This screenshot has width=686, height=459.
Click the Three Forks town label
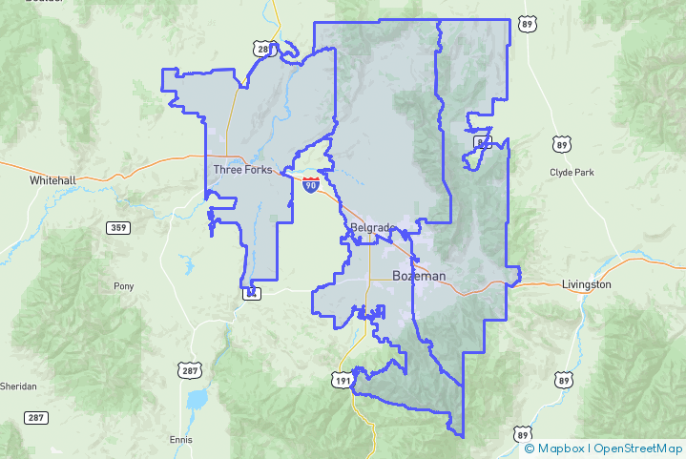coord(241,170)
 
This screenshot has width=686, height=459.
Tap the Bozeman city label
coord(419,276)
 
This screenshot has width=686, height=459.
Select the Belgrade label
coord(372,227)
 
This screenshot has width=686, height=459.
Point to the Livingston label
coord(586,284)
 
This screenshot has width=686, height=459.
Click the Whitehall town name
coord(52,179)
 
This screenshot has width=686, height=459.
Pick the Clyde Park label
coord(572,172)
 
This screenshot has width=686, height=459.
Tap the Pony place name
coord(124,285)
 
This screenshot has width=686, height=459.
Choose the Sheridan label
coord(18,386)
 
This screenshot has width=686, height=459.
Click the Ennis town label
coord(180,439)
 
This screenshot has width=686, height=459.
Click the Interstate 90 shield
coord(311,184)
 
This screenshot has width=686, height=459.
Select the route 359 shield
coord(118,227)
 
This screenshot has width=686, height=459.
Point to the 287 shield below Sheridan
coord(36,417)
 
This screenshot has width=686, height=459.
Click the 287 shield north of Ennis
coord(187,368)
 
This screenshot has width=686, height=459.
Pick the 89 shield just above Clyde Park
coord(562,144)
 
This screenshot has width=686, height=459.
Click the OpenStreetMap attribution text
coord(638,449)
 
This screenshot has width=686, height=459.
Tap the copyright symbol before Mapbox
coord(530,449)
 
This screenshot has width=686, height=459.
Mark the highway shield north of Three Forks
coord(263,48)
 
